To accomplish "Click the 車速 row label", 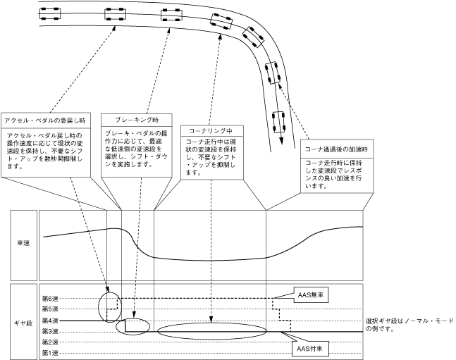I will pos(22,243).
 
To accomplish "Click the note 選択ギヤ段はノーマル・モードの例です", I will pos(409,326).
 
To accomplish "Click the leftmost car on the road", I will pos(50,11).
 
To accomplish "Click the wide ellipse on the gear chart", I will pos(212,331).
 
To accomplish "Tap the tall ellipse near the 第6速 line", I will pos(110,306).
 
